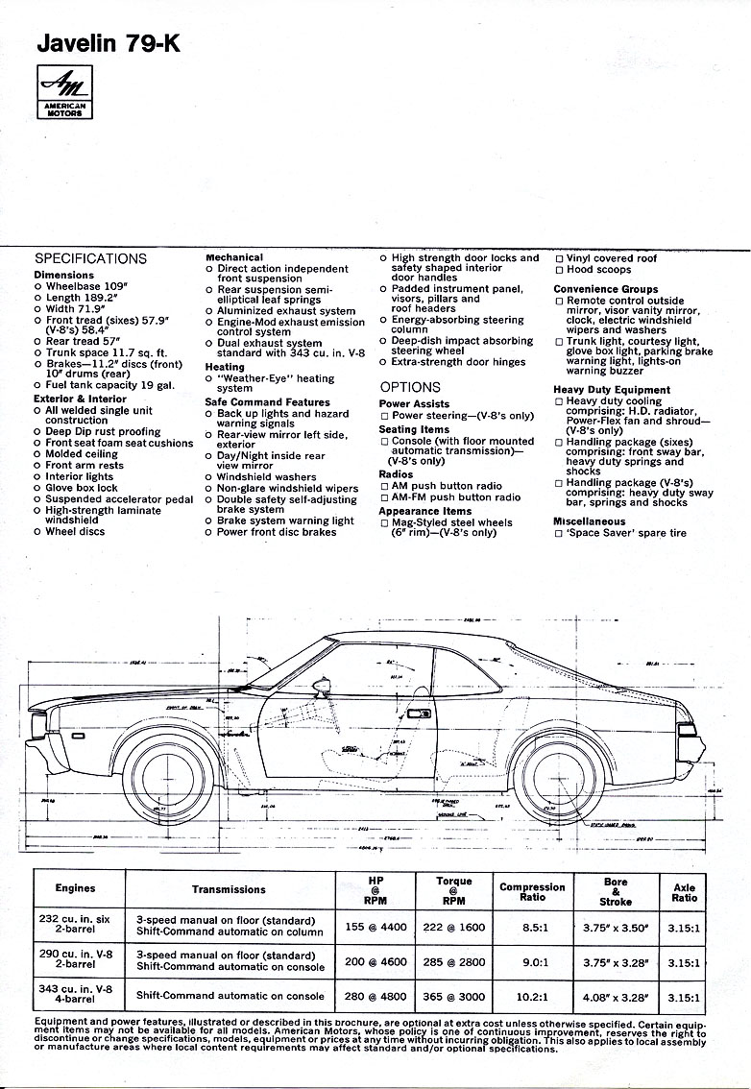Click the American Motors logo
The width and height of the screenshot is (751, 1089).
[x=66, y=92]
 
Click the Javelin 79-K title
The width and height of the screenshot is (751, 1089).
[x=108, y=43]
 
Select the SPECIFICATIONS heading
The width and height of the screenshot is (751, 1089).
[x=90, y=258]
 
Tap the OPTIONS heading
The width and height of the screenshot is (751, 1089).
[x=410, y=387]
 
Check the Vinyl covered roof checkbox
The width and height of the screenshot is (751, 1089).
[x=559, y=258]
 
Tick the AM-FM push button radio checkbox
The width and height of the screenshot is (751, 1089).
[x=384, y=497]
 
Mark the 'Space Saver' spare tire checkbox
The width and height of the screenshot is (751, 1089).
[x=559, y=533]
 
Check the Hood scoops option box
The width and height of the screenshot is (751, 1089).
[x=559, y=270]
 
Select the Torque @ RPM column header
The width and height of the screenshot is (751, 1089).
[x=453, y=890]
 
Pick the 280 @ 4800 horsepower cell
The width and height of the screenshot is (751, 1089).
[x=375, y=996]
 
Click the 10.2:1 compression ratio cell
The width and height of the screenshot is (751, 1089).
[x=532, y=996]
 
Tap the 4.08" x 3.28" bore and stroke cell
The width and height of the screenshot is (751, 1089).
[x=616, y=996]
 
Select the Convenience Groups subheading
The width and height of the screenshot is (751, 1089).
[x=605, y=289]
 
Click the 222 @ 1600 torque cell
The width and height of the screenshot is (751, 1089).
[x=453, y=927]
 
